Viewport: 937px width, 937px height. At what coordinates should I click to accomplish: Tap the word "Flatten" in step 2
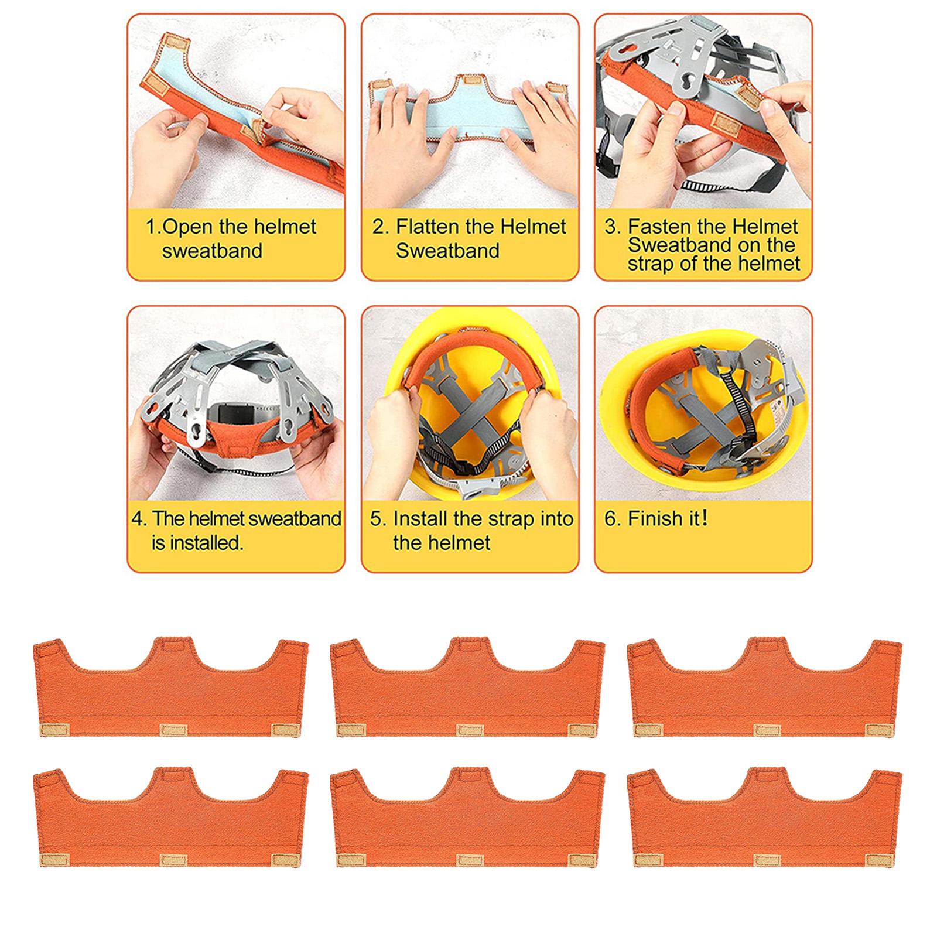(x=428, y=227)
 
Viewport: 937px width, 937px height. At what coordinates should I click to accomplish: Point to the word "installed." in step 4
(x=197, y=543)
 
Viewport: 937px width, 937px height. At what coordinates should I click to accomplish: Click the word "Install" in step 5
(x=419, y=519)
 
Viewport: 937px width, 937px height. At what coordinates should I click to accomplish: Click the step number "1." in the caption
(x=152, y=227)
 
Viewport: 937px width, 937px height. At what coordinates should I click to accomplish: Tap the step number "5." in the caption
(x=378, y=519)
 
